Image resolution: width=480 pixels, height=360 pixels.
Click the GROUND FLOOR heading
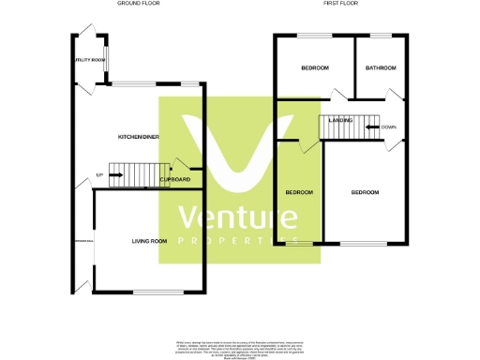[138, 4]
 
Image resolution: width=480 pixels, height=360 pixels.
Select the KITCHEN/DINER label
[138, 137]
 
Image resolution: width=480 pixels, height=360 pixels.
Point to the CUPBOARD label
[175, 179]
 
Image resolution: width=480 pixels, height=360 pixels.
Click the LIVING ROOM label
[149, 241]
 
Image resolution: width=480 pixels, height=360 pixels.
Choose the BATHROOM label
[381, 68]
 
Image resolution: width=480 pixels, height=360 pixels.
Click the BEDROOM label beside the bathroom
[315, 68]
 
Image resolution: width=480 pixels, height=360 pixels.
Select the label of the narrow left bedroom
[299, 192]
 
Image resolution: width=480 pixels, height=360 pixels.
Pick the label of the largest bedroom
[365, 192]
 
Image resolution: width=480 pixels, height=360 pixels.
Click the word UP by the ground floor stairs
[99, 175]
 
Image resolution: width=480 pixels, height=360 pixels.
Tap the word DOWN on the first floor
[388, 127]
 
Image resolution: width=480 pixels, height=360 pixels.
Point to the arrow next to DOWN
[371, 127]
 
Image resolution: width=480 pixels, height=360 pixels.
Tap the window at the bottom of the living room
[153, 292]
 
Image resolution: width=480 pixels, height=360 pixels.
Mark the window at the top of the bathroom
[381, 36]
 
